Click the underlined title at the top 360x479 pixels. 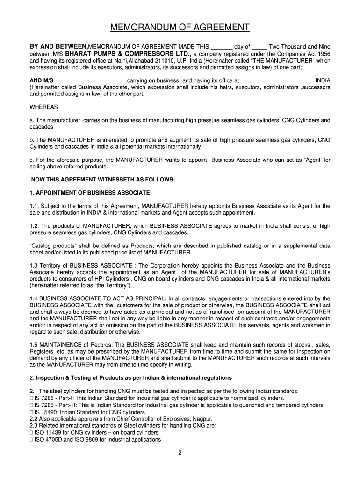pyautogui.click(x=180, y=28)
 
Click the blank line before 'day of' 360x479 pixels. pyautogui.click(x=222, y=48)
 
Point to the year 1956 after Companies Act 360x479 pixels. pyautogui.click(x=322, y=54)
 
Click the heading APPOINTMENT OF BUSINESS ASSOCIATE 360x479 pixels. pyautogui.click(x=93, y=193)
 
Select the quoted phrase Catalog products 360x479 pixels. pyautogui.click(x=52, y=246)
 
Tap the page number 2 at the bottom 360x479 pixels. pyautogui.click(x=180, y=453)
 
